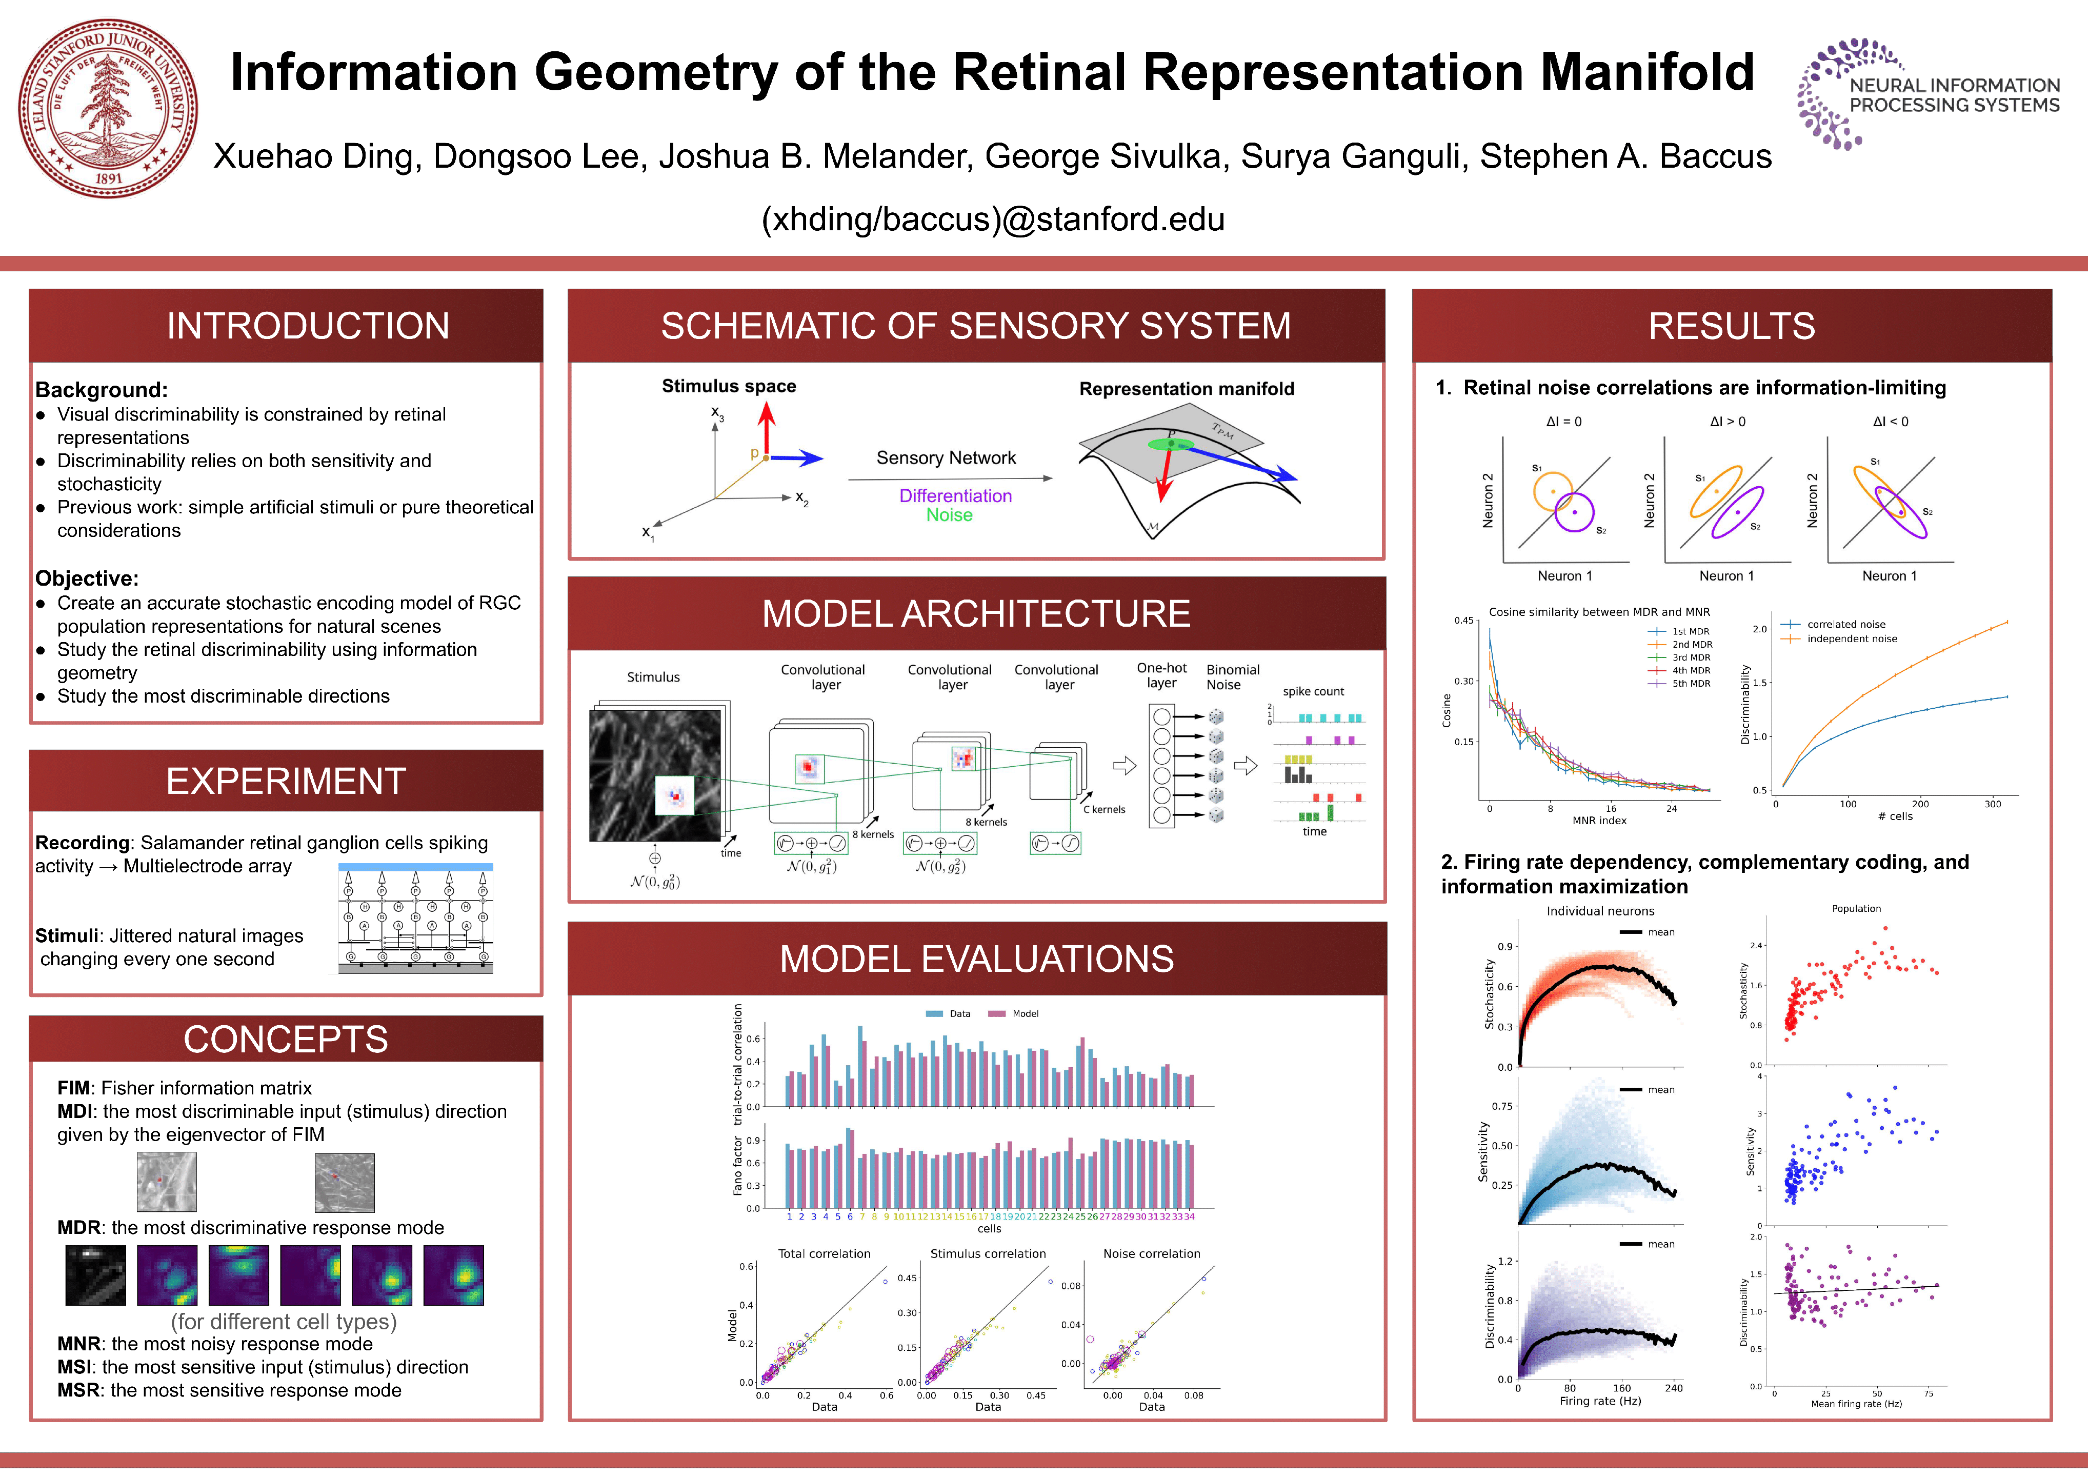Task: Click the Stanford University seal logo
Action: click(x=108, y=108)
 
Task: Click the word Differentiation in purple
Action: click(x=955, y=496)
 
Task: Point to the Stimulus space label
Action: click(x=729, y=386)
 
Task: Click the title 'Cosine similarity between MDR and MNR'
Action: click(x=1599, y=612)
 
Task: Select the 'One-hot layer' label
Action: click(x=1161, y=675)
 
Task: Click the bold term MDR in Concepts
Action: click(x=78, y=1228)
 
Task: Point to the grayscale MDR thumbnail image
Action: click(x=95, y=1275)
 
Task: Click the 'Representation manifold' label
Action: click(x=1186, y=389)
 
